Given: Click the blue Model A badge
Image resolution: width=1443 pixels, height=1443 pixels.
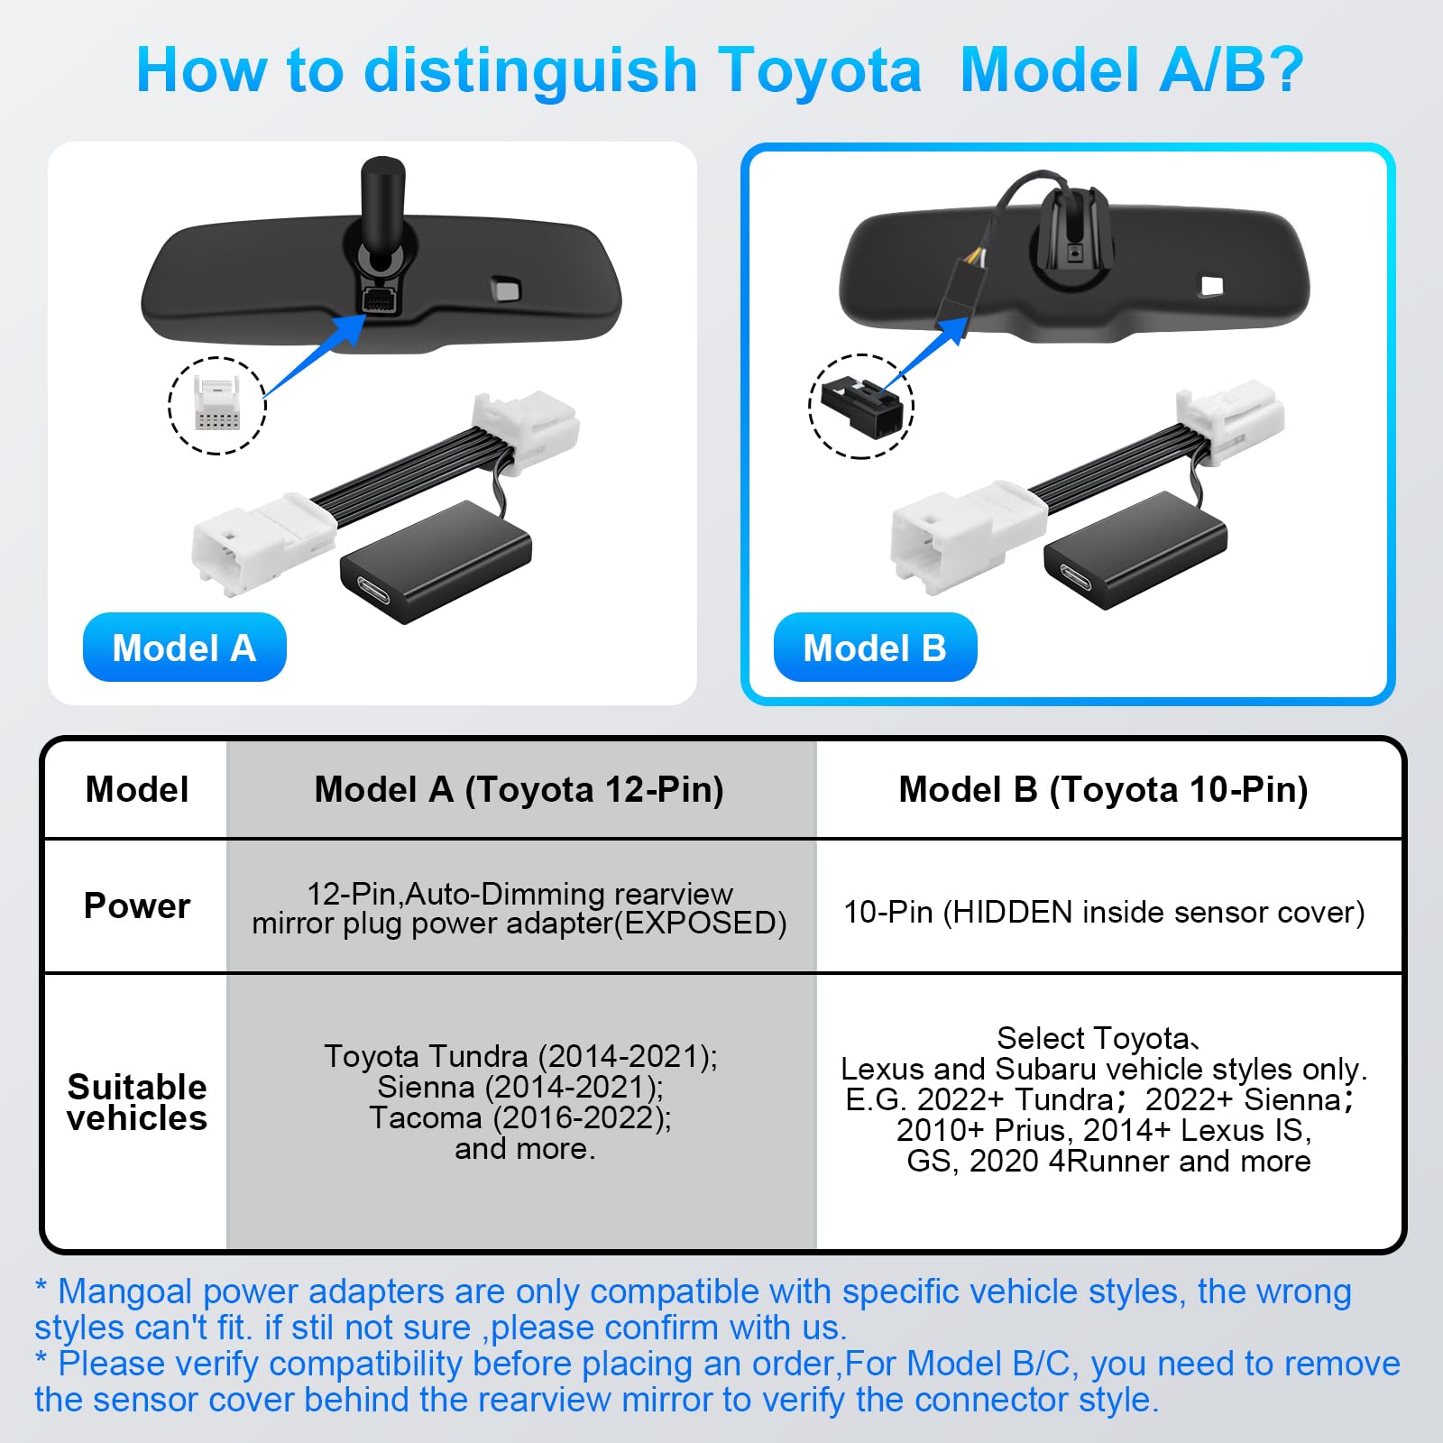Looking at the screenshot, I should pos(184,648).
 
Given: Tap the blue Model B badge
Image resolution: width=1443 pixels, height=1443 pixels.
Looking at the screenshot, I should pos(875,648).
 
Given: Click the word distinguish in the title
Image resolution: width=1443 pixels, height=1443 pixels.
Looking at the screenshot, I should pos(530,70).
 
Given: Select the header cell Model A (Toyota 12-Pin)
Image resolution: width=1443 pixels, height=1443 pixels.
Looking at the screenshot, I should pos(519,789).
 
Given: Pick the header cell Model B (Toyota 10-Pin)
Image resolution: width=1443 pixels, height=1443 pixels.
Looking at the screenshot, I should pos(1103,789).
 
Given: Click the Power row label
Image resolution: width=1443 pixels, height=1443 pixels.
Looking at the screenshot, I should pos(137,905).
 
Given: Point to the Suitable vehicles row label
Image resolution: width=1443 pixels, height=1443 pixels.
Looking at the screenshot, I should pos(137,1102).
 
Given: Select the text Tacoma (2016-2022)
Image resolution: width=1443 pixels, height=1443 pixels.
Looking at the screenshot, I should pos(520,1118).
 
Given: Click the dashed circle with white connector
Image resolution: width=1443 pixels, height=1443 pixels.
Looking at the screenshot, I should pos(217,405).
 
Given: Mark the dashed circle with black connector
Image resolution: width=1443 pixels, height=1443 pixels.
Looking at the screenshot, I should pos(861,406).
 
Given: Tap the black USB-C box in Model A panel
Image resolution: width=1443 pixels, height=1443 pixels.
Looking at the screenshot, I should pos(436,563).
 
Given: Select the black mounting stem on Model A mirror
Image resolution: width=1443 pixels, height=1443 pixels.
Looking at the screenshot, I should pos(382,207).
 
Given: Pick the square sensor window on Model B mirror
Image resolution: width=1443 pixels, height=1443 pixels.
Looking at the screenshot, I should pos(1211,286).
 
